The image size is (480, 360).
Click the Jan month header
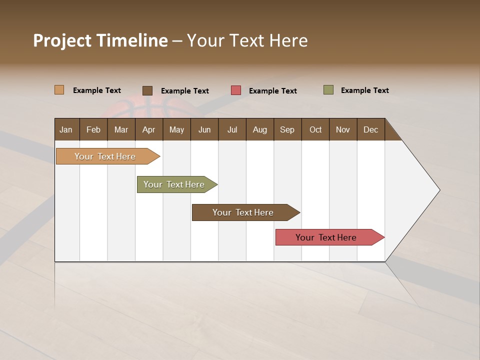(x=66, y=129)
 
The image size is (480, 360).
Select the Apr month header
(x=149, y=129)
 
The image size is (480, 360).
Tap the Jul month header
(x=232, y=129)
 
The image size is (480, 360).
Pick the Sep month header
(x=287, y=129)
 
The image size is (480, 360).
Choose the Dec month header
(x=370, y=129)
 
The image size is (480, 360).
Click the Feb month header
(x=93, y=129)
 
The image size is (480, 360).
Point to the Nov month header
(x=343, y=129)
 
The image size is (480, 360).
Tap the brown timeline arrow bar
(x=243, y=212)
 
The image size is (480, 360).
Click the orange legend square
(x=59, y=90)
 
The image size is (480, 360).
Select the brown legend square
(x=147, y=90)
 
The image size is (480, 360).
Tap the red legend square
(x=236, y=90)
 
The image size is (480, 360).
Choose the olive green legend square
(x=328, y=90)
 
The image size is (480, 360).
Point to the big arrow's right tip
(x=439, y=190)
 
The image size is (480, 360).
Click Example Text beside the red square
(x=273, y=91)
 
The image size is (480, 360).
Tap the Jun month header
(x=204, y=129)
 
